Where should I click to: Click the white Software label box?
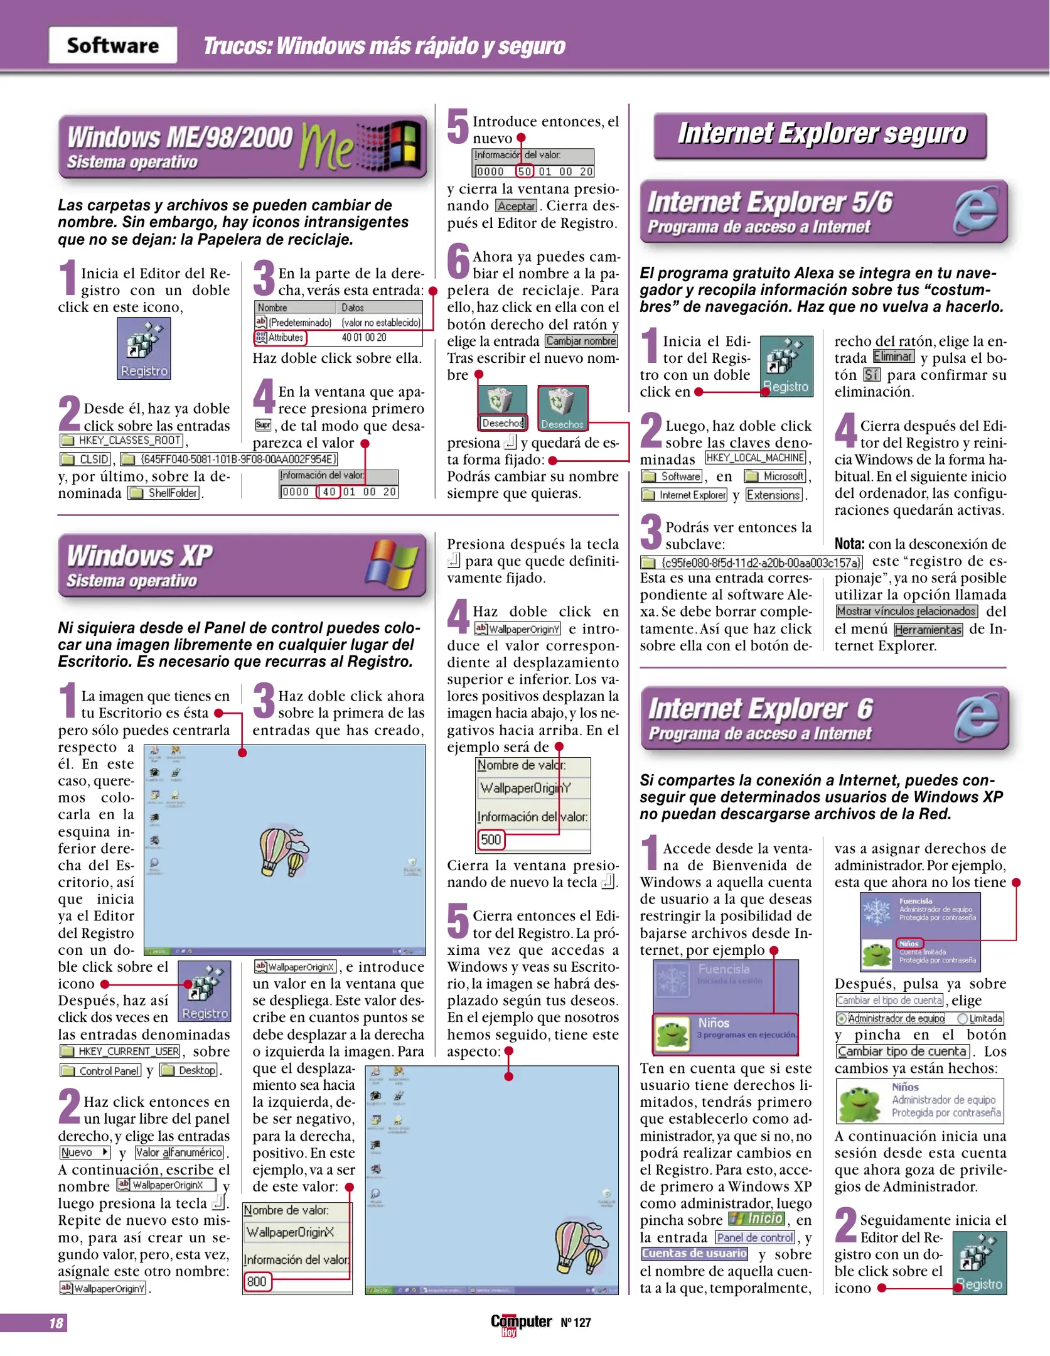click(x=112, y=45)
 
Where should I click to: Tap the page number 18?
click(x=56, y=1323)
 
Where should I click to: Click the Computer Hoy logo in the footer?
click(x=521, y=1323)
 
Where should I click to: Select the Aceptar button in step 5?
click(x=516, y=207)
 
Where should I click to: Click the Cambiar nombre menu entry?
click(x=581, y=341)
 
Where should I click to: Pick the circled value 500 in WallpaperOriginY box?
click(x=491, y=839)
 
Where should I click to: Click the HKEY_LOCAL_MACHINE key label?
click(x=756, y=458)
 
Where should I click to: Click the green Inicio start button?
click(x=757, y=1219)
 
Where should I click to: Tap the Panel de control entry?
click(x=756, y=1237)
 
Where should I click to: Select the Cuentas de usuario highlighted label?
click(x=695, y=1253)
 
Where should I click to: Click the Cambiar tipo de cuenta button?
click(x=902, y=1052)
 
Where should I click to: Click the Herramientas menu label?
click(x=928, y=630)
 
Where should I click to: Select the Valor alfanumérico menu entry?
click(x=179, y=1153)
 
